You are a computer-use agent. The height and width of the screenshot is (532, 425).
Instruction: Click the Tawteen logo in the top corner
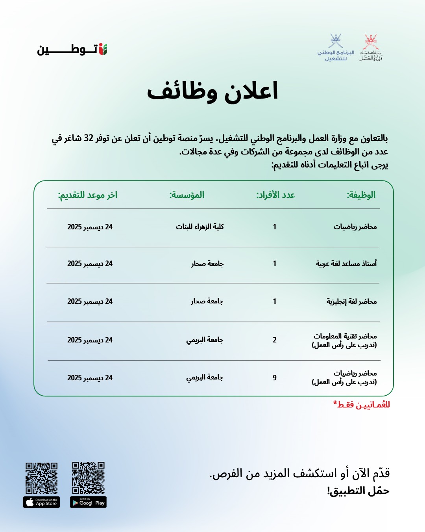pyautogui.click(x=72, y=50)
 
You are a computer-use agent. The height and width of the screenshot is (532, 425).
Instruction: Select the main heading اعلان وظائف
pyautogui.click(x=213, y=91)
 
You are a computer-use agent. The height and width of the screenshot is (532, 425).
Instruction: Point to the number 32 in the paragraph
pyautogui.click(x=89, y=138)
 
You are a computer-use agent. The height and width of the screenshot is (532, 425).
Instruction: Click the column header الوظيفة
pyautogui.click(x=361, y=195)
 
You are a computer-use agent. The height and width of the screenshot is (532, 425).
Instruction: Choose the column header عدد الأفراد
pyautogui.click(x=275, y=195)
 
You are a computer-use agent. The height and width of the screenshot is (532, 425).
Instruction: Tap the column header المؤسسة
pyautogui.click(x=187, y=195)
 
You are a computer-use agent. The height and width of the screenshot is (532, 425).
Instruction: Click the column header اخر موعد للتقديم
pyautogui.click(x=88, y=195)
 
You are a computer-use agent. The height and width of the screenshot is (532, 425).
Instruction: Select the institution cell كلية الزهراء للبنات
pyautogui.click(x=200, y=227)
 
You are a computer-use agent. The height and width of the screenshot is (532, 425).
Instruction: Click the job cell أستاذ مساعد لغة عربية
pyautogui.click(x=346, y=264)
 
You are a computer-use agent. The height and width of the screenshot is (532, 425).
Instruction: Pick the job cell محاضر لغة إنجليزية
pyautogui.click(x=351, y=301)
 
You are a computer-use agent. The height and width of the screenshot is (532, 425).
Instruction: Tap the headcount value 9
pyautogui.click(x=275, y=378)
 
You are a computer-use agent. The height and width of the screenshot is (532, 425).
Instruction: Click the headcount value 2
pyautogui.click(x=275, y=340)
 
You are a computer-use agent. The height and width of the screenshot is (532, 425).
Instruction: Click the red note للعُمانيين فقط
pyautogui.click(x=362, y=405)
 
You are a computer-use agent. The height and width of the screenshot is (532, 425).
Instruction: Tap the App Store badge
pyautogui.click(x=42, y=502)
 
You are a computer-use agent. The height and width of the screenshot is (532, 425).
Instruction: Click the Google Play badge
pyautogui.click(x=89, y=502)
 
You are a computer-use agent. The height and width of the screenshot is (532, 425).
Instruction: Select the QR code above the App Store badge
pyautogui.click(x=42, y=478)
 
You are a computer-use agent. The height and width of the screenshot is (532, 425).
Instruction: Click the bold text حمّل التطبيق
pyautogui.click(x=358, y=491)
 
